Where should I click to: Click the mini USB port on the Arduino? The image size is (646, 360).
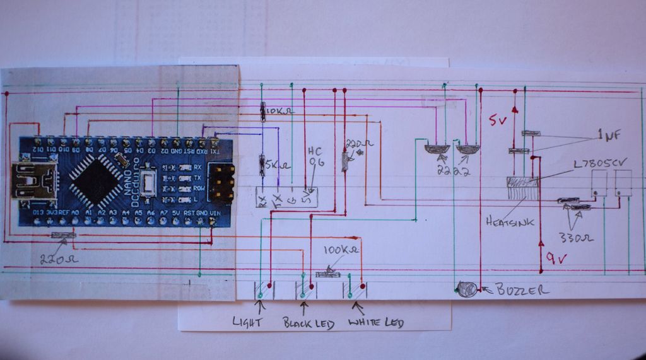pyautogui.click(x=32, y=179)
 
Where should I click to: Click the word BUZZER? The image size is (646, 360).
pyautogui.click(x=522, y=290)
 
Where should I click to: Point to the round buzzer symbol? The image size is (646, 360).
pyautogui.click(x=467, y=289)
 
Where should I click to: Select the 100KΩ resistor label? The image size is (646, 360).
pyautogui.click(x=341, y=250)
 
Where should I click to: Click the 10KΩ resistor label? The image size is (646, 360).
pyautogui.click(x=280, y=112)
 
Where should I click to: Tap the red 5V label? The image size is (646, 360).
pyautogui.click(x=496, y=120)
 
